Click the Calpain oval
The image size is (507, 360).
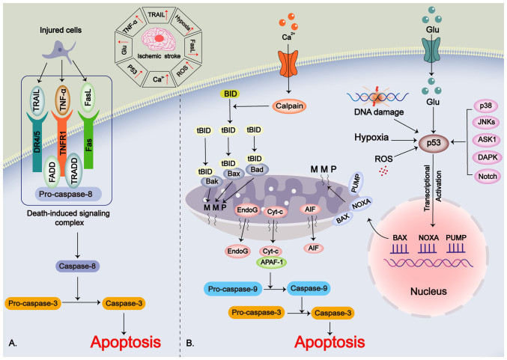(x=289, y=106)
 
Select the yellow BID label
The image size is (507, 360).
(x=230, y=94)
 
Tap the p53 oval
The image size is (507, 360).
(x=434, y=142)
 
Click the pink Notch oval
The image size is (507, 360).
(x=488, y=177)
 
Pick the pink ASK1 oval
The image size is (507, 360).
(x=487, y=140)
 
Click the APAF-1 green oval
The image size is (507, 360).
(x=272, y=262)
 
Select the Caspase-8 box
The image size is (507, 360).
(x=77, y=266)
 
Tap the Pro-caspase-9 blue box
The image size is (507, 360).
(x=233, y=289)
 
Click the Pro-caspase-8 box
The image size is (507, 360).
(x=68, y=194)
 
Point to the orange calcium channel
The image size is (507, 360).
(x=288, y=63)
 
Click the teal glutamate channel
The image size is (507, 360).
(x=431, y=50)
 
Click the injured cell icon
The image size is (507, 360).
(x=60, y=52)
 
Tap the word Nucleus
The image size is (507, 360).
(x=428, y=291)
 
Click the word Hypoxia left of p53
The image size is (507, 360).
(x=371, y=138)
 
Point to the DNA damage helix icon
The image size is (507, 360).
(x=377, y=97)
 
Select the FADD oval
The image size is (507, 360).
(x=52, y=171)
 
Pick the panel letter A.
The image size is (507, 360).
(x=13, y=343)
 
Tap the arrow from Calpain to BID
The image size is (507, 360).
(x=252, y=106)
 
